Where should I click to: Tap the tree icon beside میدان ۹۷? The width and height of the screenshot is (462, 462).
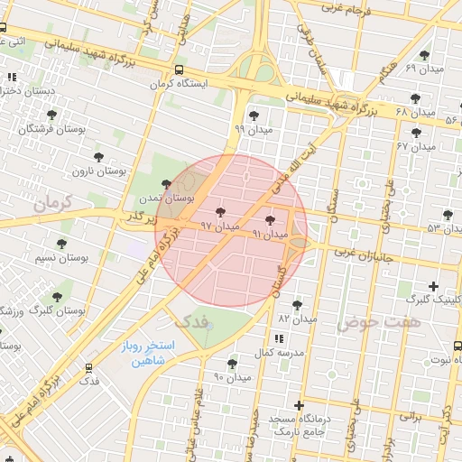[x=223, y=212]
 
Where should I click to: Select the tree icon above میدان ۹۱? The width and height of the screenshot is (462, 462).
[x=271, y=219]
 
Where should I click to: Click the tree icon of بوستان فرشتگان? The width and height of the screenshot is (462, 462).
[x=51, y=115]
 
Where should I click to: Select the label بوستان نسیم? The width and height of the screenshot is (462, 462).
[x=60, y=259]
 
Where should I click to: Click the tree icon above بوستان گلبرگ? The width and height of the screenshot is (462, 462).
[x=57, y=296]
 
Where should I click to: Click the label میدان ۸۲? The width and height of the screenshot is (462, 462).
[x=297, y=319]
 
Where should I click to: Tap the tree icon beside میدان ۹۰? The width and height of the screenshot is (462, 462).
[x=233, y=364]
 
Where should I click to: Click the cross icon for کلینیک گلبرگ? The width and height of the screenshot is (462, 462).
[x=434, y=286]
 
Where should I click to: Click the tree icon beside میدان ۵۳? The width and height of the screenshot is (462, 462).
[x=448, y=215]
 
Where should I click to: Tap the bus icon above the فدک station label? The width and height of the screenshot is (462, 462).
[x=88, y=367]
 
